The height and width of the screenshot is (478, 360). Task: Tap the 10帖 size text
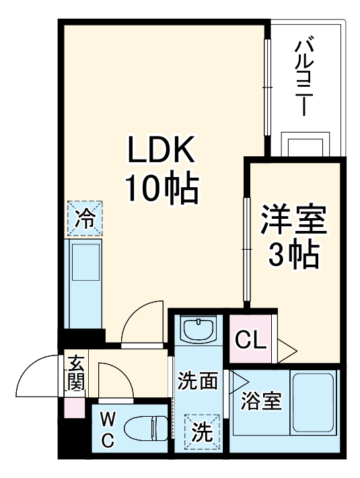point(161,189)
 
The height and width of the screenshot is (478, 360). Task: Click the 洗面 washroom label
point(197,382)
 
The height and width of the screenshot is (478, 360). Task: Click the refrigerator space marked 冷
point(85,218)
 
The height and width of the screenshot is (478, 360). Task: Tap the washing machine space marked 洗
point(201,430)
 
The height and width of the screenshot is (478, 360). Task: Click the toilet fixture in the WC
point(151,429)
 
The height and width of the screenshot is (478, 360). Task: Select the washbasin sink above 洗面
point(197,331)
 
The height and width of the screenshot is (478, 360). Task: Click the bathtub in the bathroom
point(313,401)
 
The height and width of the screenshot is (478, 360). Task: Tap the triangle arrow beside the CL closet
point(287,349)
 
